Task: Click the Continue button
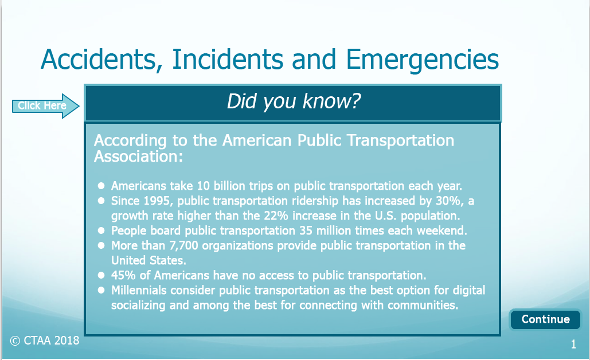pos(545,319)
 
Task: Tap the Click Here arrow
pos(45,105)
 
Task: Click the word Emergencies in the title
pos(422,60)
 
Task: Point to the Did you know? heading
pos(294,101)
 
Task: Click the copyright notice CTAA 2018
pos(45,341)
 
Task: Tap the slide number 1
pos(573,344)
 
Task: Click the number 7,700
pos(183,246)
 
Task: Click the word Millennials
pos(139,291)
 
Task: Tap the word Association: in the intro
pos(139,156)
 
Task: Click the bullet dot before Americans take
pos(101,186)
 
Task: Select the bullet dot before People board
pos(101,230)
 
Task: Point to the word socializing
pos(138,305)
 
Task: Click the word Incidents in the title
pos(228,60)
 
